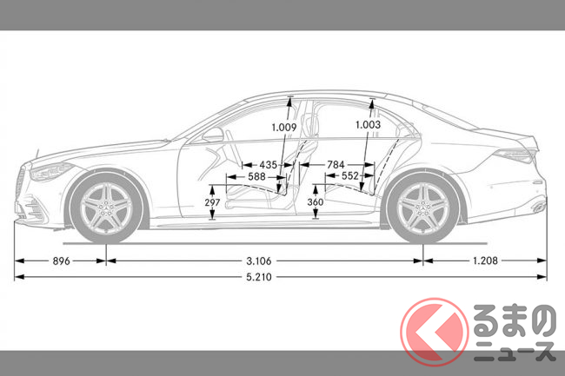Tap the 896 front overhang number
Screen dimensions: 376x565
[x=61, y=260]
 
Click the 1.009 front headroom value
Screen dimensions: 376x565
[x=283, y=128]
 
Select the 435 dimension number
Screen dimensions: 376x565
[x=269, y=163]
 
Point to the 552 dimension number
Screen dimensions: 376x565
[x=349, y=176]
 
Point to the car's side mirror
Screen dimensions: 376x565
[x=212, y=136]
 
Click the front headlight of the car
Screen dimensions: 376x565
[x=50, y=169]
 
